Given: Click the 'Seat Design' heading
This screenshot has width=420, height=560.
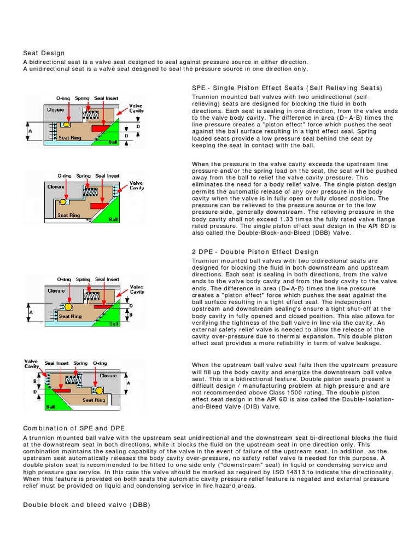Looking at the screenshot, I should click(x=44, y=53).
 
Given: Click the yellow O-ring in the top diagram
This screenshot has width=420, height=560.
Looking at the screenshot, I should click(x=67, y=125).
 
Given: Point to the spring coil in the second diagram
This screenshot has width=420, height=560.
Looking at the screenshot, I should click(x=89, y=190).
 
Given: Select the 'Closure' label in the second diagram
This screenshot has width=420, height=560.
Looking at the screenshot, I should click(x=56, y=186).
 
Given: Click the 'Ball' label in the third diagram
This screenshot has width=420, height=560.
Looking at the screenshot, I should click(x=113, y=324).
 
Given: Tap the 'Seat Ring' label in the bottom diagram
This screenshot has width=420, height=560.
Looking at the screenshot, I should click(x=94, y=400).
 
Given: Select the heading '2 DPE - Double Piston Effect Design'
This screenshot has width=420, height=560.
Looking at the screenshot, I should click(x=255, y=252).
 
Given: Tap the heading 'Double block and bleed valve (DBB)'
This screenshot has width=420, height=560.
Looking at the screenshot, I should click(x=86, y=505).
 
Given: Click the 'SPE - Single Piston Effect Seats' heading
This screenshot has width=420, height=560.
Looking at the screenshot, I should click(x=287, y=88).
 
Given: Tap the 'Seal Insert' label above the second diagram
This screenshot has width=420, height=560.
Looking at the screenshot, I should click(x=107, y=176).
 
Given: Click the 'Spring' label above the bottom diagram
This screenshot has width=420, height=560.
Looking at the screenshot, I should click(x=80, y=363).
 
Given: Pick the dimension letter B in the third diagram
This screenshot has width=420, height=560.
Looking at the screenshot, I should click(x=131, y=315).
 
